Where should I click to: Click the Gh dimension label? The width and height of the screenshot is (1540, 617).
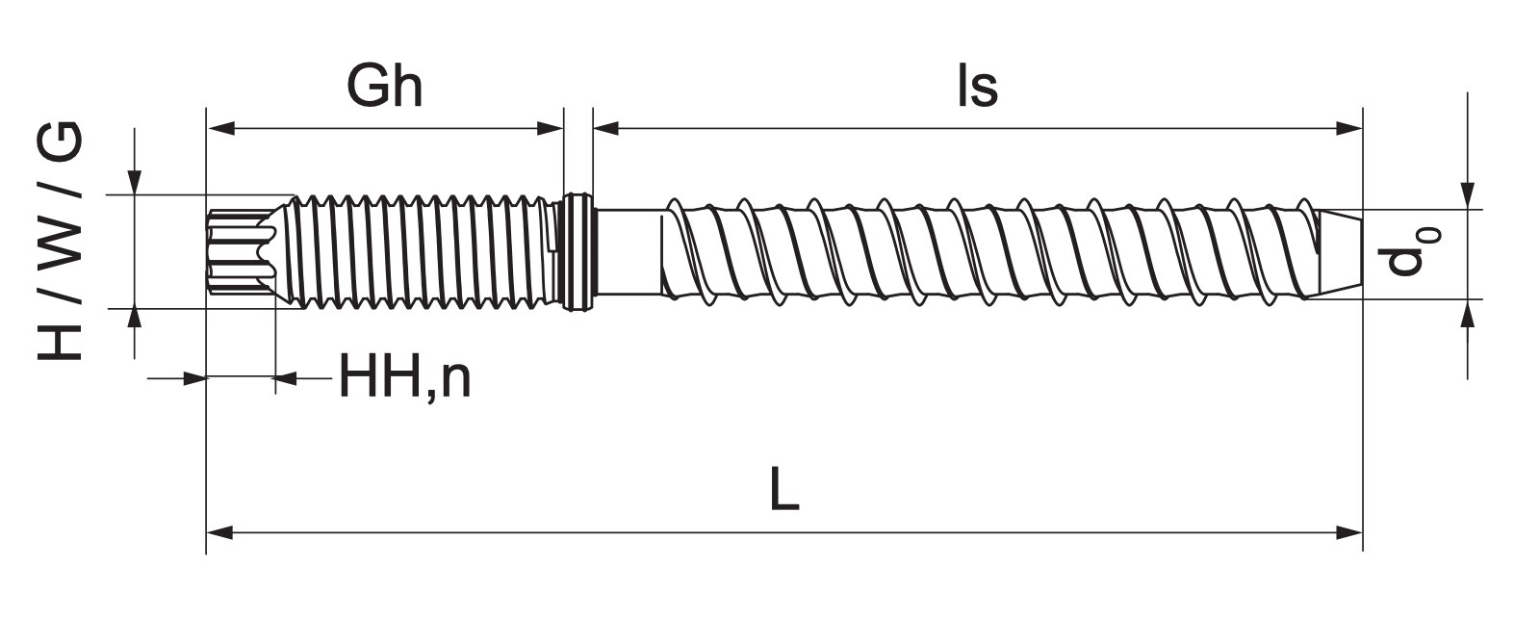click(384, 88)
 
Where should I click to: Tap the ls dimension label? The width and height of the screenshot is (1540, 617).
click(978, 88)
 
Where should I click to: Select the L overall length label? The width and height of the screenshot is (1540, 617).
click(784, 488)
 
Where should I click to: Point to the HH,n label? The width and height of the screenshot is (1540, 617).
click(405, 378)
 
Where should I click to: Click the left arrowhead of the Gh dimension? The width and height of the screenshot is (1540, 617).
click(220, 128)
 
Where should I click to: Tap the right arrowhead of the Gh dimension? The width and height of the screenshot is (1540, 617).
click(550, 128)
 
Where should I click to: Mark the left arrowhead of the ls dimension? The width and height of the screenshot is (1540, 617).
click(606, 128)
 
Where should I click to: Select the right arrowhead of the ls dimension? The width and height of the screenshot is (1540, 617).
click(1348, 128)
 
